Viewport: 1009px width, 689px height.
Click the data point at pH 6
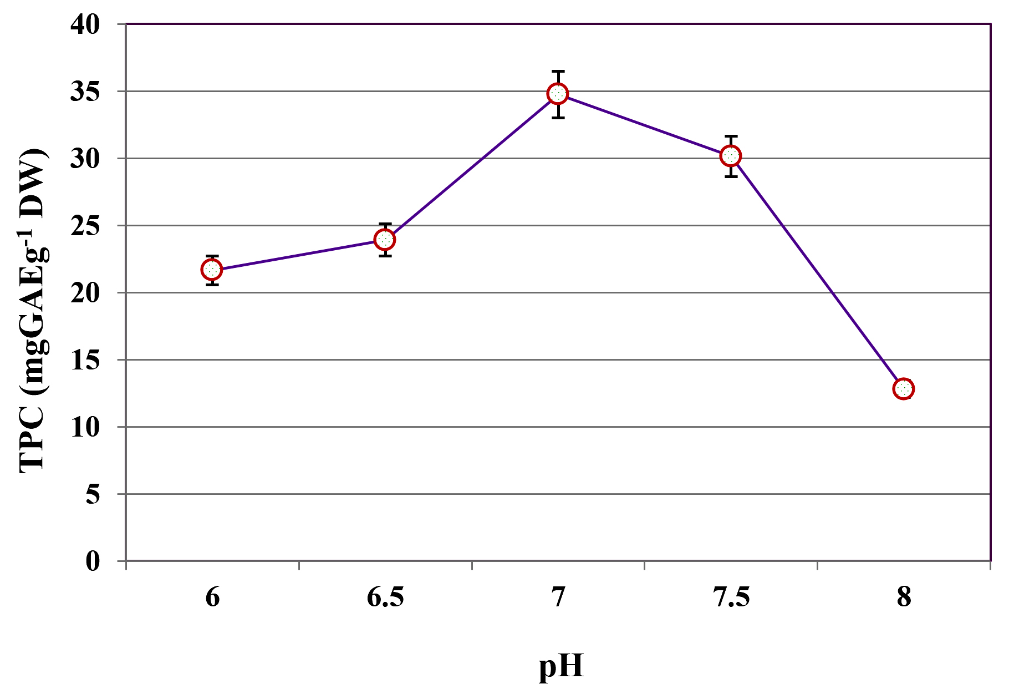[212, 270]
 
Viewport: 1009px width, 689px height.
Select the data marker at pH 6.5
[385, 240]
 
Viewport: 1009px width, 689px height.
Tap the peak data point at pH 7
[558, 94]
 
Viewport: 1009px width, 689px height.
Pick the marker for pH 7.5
[731, 156]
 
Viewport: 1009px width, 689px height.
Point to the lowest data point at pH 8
[904, 389]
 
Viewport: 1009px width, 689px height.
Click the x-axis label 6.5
[385, 598]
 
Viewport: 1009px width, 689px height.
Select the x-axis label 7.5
[731, 598]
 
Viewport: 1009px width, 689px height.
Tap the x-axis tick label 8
[904, 598]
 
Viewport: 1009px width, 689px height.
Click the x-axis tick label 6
[212, 598]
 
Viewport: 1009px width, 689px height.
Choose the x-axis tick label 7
[558, 598]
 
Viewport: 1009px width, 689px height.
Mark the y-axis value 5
[93, 494]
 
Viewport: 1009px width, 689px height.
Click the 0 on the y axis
[93, 561]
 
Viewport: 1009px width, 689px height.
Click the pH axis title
[561, 666]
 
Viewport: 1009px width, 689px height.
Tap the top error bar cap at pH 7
[558, 71]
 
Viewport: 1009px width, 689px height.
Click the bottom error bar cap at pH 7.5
[731, 176]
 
